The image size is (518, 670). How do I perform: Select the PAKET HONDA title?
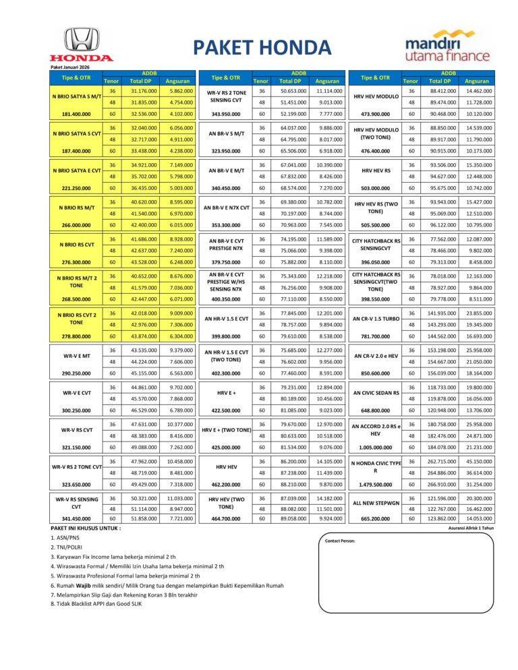point(262,48)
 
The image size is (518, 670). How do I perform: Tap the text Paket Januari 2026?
point(70,66)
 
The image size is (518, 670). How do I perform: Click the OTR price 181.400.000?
point(76,114)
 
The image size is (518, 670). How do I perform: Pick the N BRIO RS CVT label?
point(76,245)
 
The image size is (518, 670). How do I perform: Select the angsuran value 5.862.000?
point(181,91)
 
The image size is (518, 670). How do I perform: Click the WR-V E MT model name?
point(76,355)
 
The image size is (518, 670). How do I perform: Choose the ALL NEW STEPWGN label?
point(376,503)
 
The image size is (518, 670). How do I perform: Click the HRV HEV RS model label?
point(376,171)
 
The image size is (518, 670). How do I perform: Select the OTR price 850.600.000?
point(376,373)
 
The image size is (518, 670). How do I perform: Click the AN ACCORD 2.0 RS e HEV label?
point(376,429)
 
